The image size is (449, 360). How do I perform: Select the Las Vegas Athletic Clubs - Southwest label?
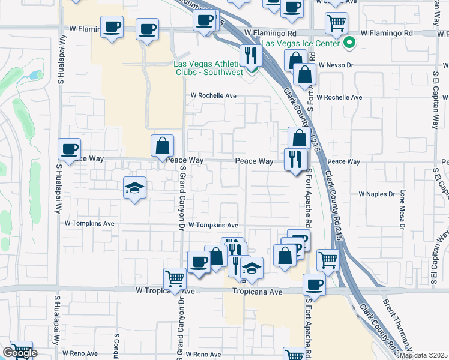point(208,68)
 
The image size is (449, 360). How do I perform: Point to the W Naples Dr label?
point(377,194)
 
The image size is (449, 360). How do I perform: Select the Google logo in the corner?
point(20,353)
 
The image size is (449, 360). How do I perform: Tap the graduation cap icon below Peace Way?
point(134,187)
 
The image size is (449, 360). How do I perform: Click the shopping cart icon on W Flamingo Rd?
point(336,23)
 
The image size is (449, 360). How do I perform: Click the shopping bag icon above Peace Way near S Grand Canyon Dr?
point(162,145)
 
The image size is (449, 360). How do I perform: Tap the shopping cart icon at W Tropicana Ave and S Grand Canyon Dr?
point(175,278)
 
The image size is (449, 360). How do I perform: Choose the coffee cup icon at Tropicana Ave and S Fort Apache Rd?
point(314,284)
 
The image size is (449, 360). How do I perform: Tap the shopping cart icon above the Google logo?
point(22,349)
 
